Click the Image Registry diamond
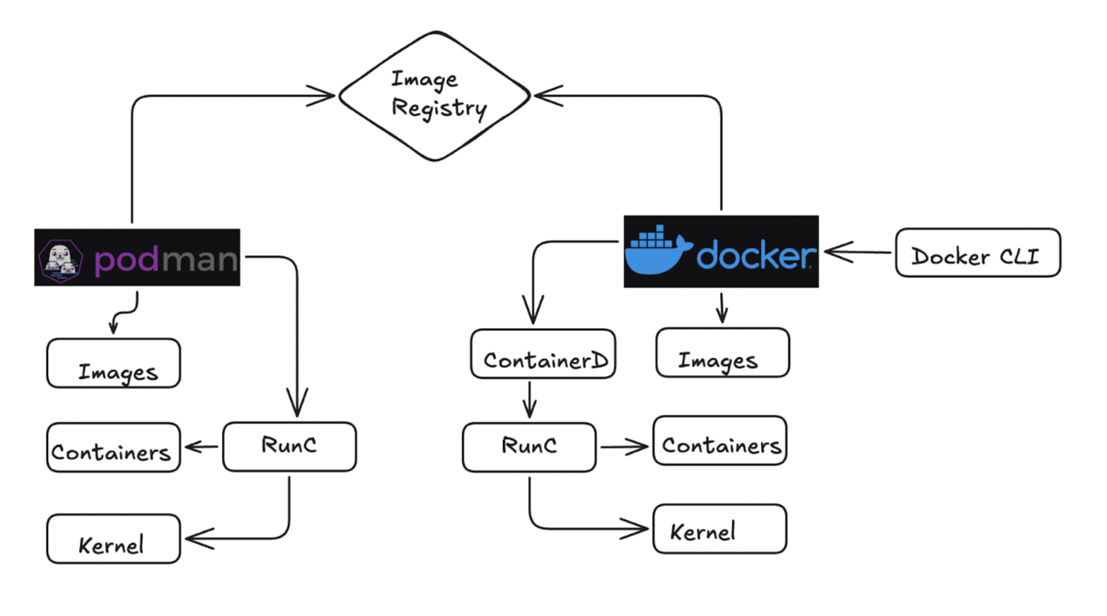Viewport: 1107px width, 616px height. point(435,96)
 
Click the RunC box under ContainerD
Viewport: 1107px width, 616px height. point(529,447)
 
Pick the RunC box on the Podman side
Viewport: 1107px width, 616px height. point(289,447)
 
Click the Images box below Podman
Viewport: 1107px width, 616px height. point(114,364)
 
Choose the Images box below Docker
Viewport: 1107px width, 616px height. point(723,352)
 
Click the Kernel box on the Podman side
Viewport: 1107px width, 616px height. point(113,538)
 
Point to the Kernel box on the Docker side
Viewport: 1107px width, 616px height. point(720,529)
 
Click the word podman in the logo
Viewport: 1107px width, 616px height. point(166,260)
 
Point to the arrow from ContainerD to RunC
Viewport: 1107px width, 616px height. point(529,398)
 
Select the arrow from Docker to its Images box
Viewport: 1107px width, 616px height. point(722,308)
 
